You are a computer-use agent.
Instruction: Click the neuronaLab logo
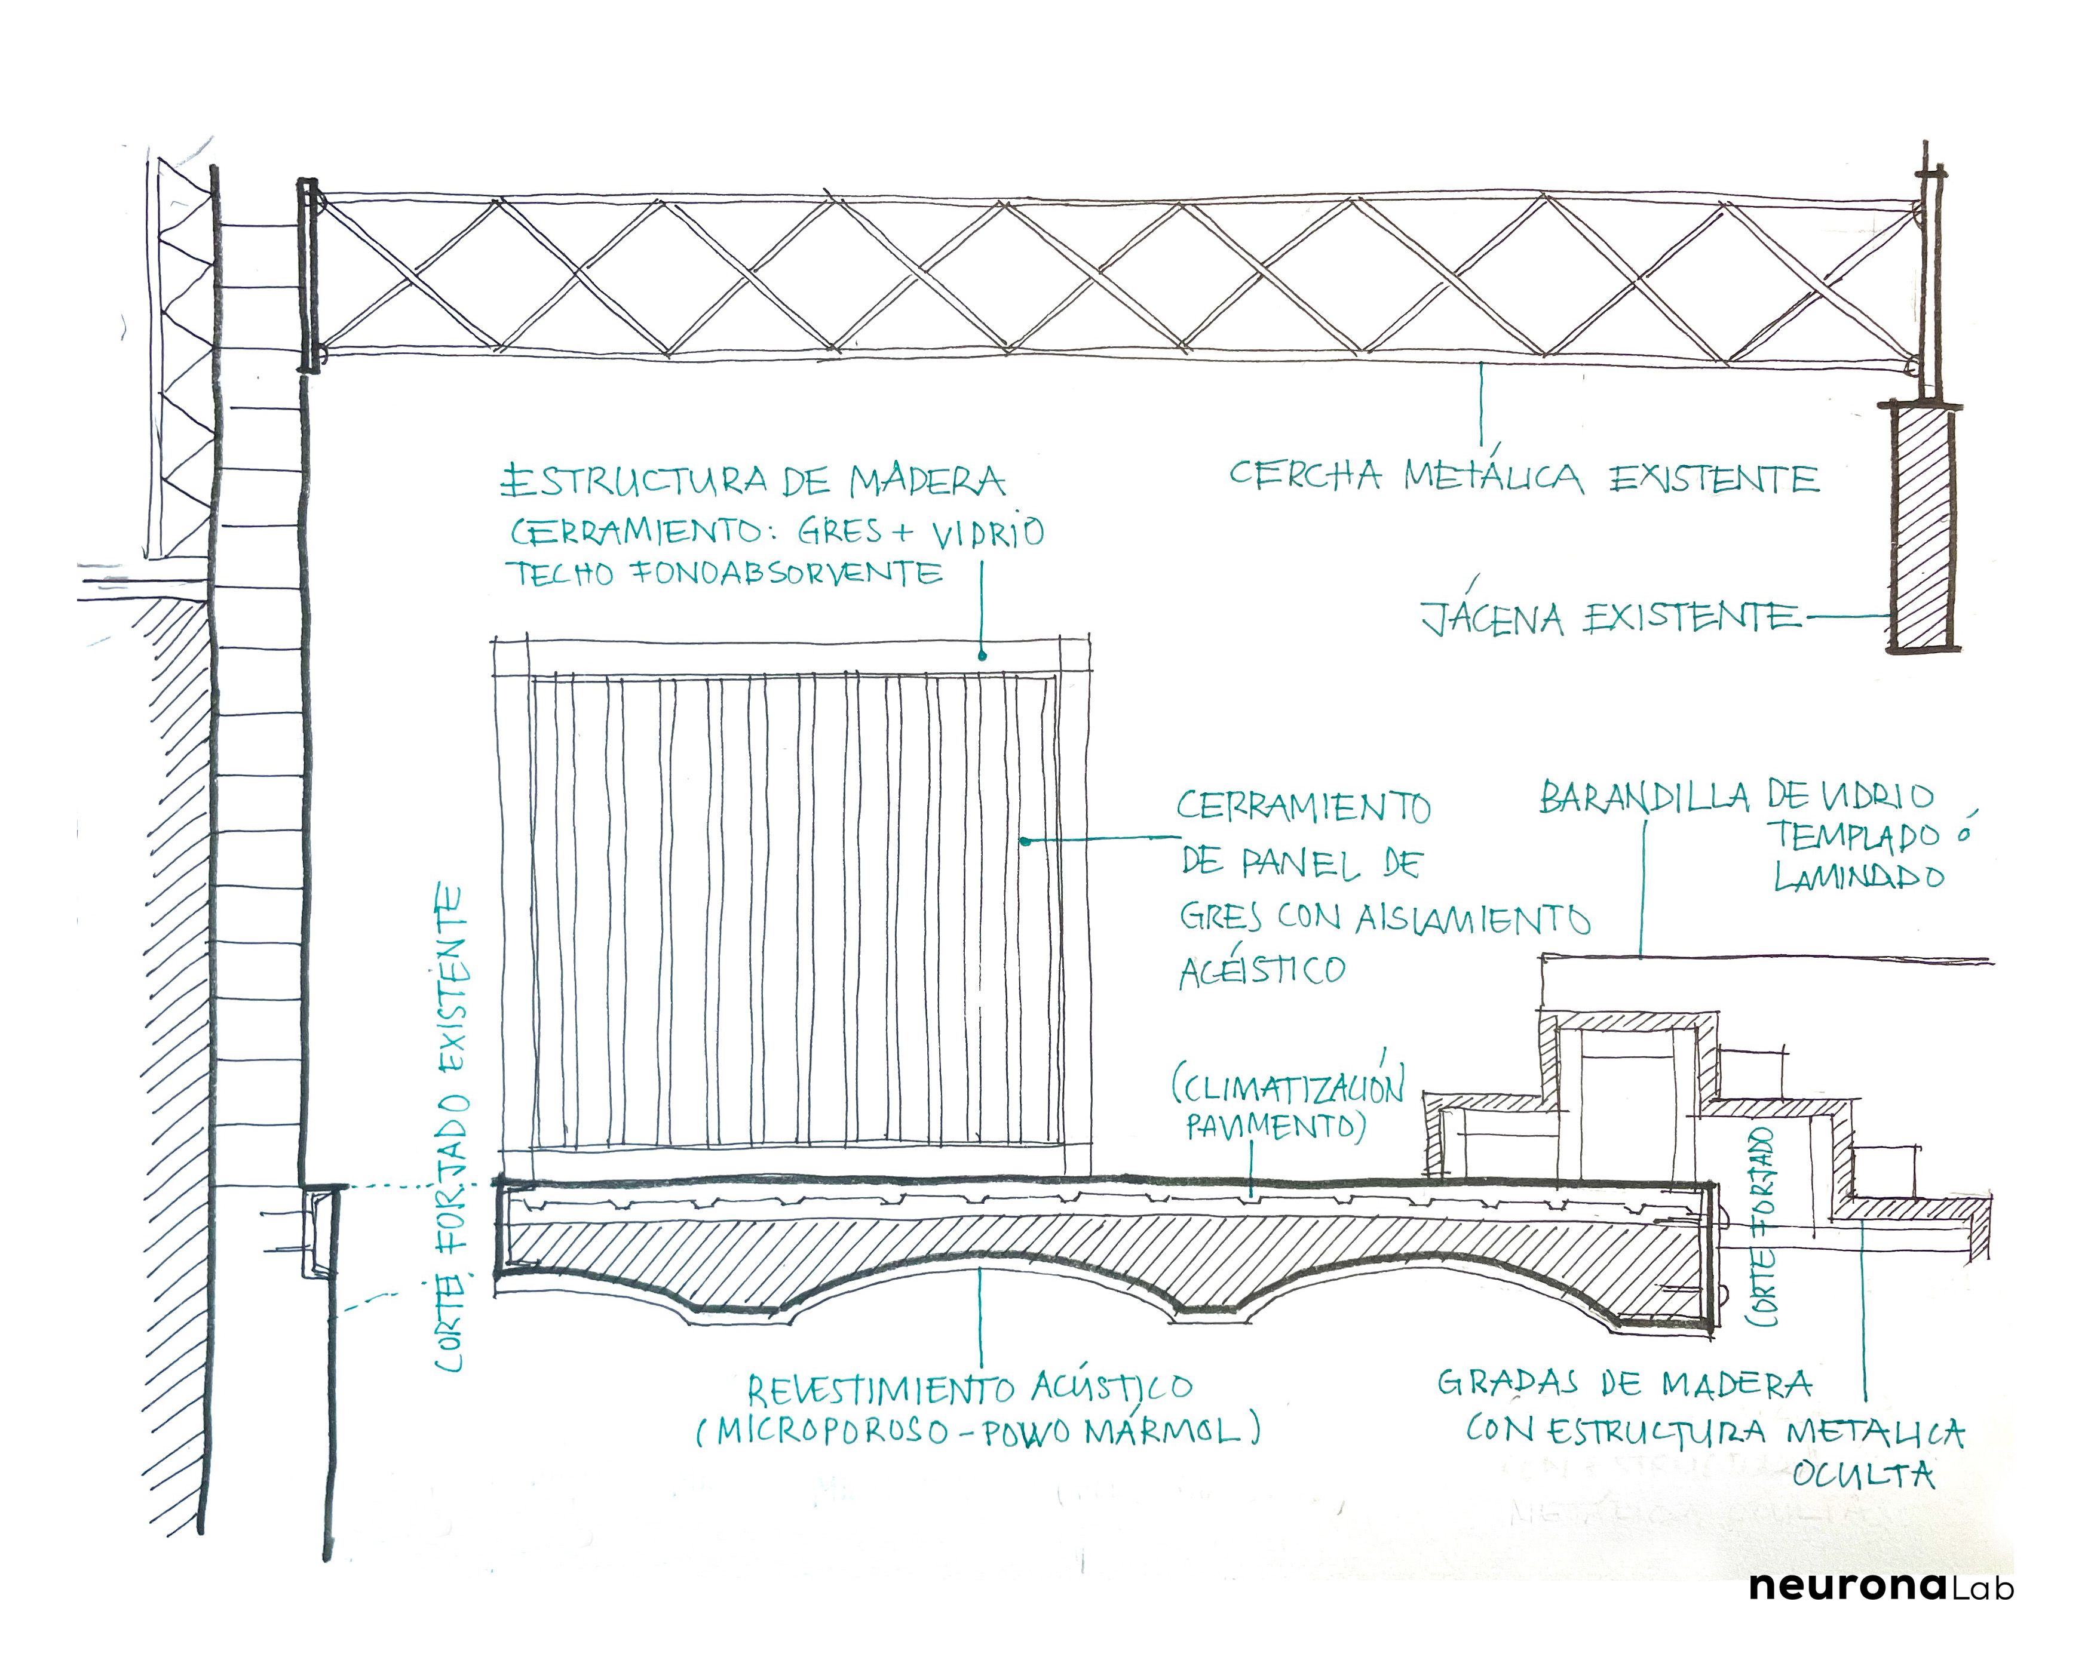[x=1881, y=1587]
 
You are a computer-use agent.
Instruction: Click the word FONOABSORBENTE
[x=787, y=573]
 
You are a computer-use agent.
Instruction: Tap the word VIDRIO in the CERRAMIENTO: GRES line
[x=988, y=531]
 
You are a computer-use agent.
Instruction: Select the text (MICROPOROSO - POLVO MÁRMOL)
[x=977, y=1431]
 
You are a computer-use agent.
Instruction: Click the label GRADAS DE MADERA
[x=1624, y=1383]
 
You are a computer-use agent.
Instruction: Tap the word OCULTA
[x=1863, y=1475]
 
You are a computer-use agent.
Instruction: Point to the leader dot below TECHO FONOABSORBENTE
[x=982, y=656]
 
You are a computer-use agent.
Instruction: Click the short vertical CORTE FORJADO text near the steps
[x=1762, y=1226]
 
